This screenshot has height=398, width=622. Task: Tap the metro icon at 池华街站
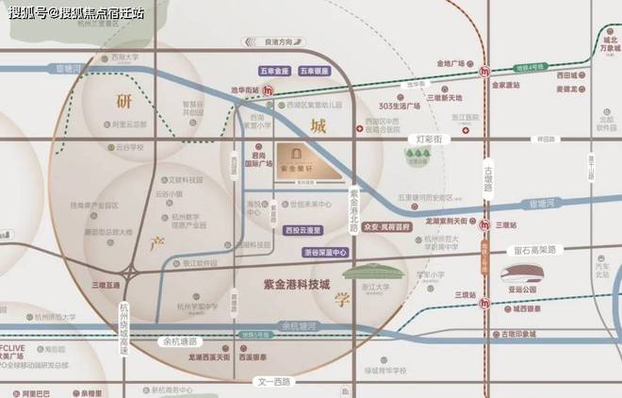[x=268, y=90]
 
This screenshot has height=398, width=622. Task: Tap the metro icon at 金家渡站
[x=483, y=71]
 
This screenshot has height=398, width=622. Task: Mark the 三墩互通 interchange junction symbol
[x=130, y=273]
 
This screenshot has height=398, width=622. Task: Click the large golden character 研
[x=123, y=101]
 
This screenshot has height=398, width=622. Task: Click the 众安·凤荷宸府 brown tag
[x=385, y=226]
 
